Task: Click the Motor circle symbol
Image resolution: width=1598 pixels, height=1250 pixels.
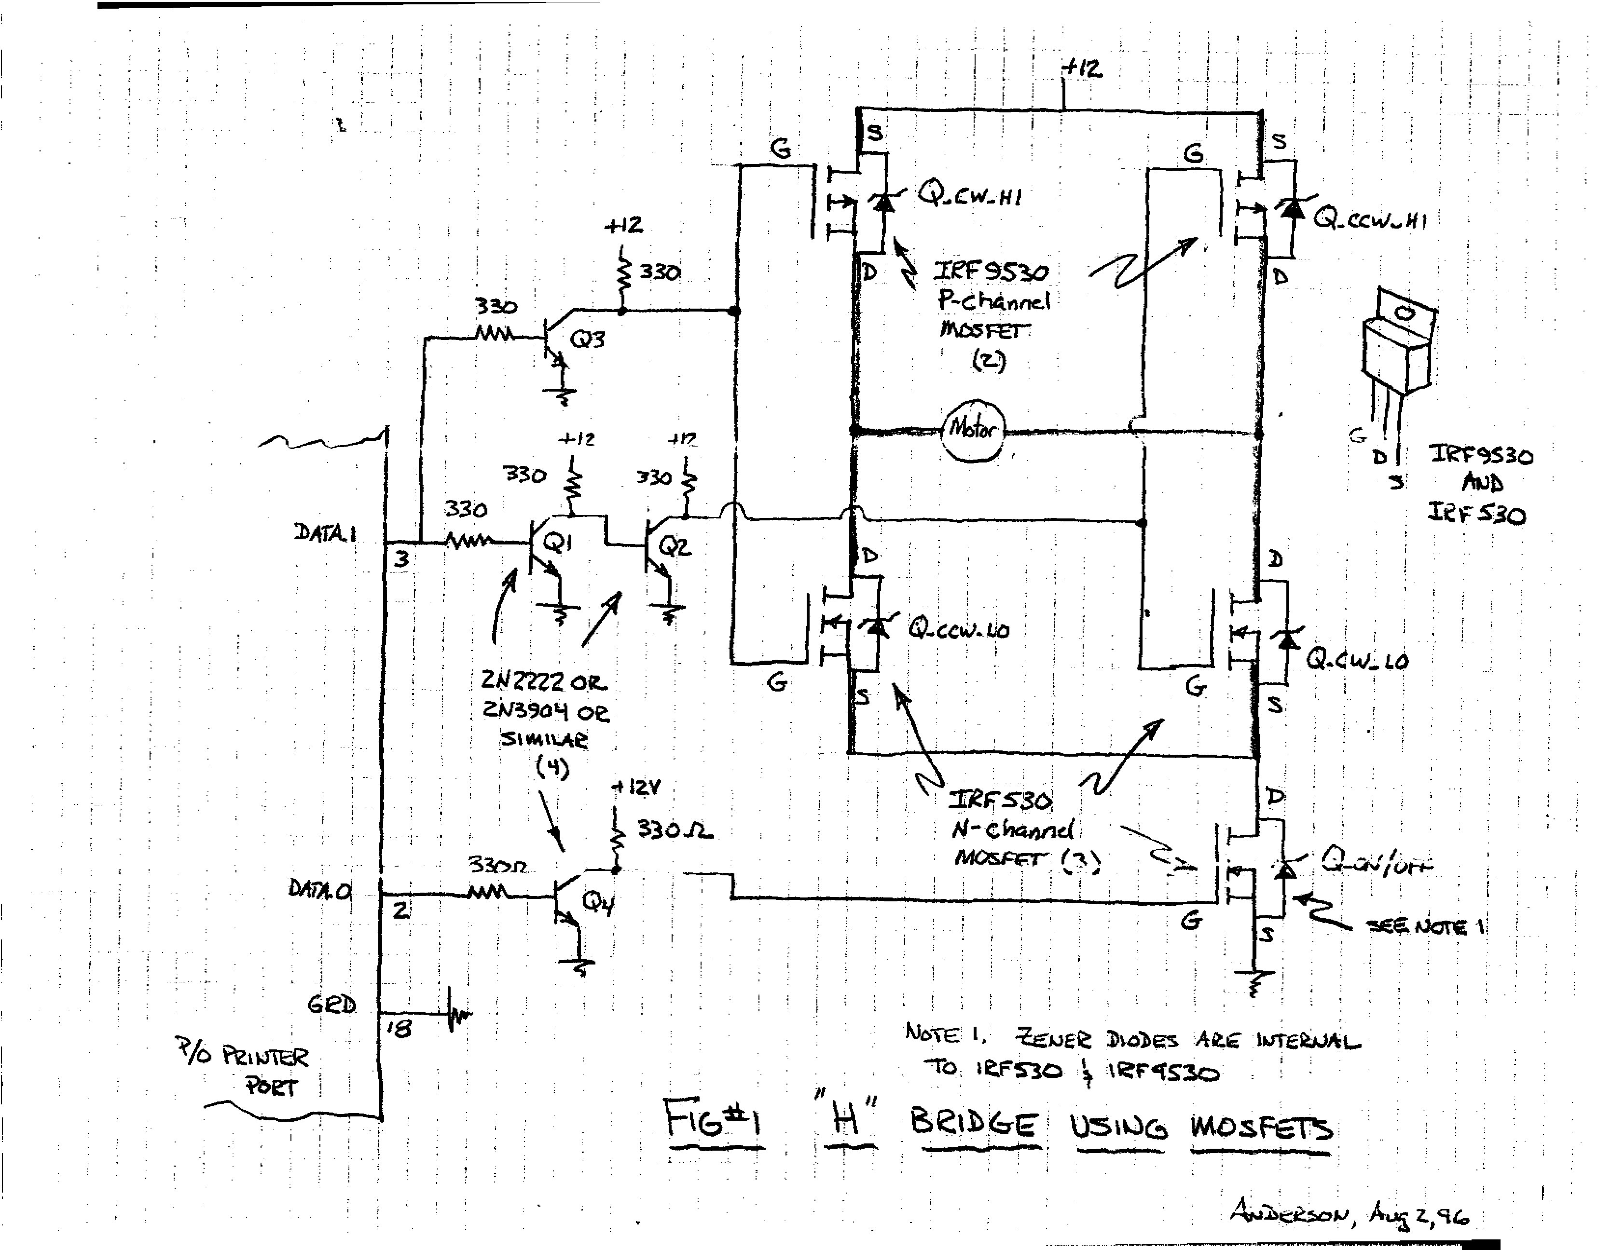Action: point(973,430)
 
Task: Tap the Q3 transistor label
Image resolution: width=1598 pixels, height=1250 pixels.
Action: point(587,340)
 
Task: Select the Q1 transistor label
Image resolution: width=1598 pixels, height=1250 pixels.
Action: point(558,543)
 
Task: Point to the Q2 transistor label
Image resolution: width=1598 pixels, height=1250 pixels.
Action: point(674,546)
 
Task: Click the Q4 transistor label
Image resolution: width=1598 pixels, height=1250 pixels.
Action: point(597,903)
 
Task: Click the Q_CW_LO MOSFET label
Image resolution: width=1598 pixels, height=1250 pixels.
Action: point(1357,660)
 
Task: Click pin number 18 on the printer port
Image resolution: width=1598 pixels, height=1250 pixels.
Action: point(399,1029)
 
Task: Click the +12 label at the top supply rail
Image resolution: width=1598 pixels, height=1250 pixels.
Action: point(1082,68)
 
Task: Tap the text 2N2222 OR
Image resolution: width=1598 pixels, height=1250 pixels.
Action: point(544,682)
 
